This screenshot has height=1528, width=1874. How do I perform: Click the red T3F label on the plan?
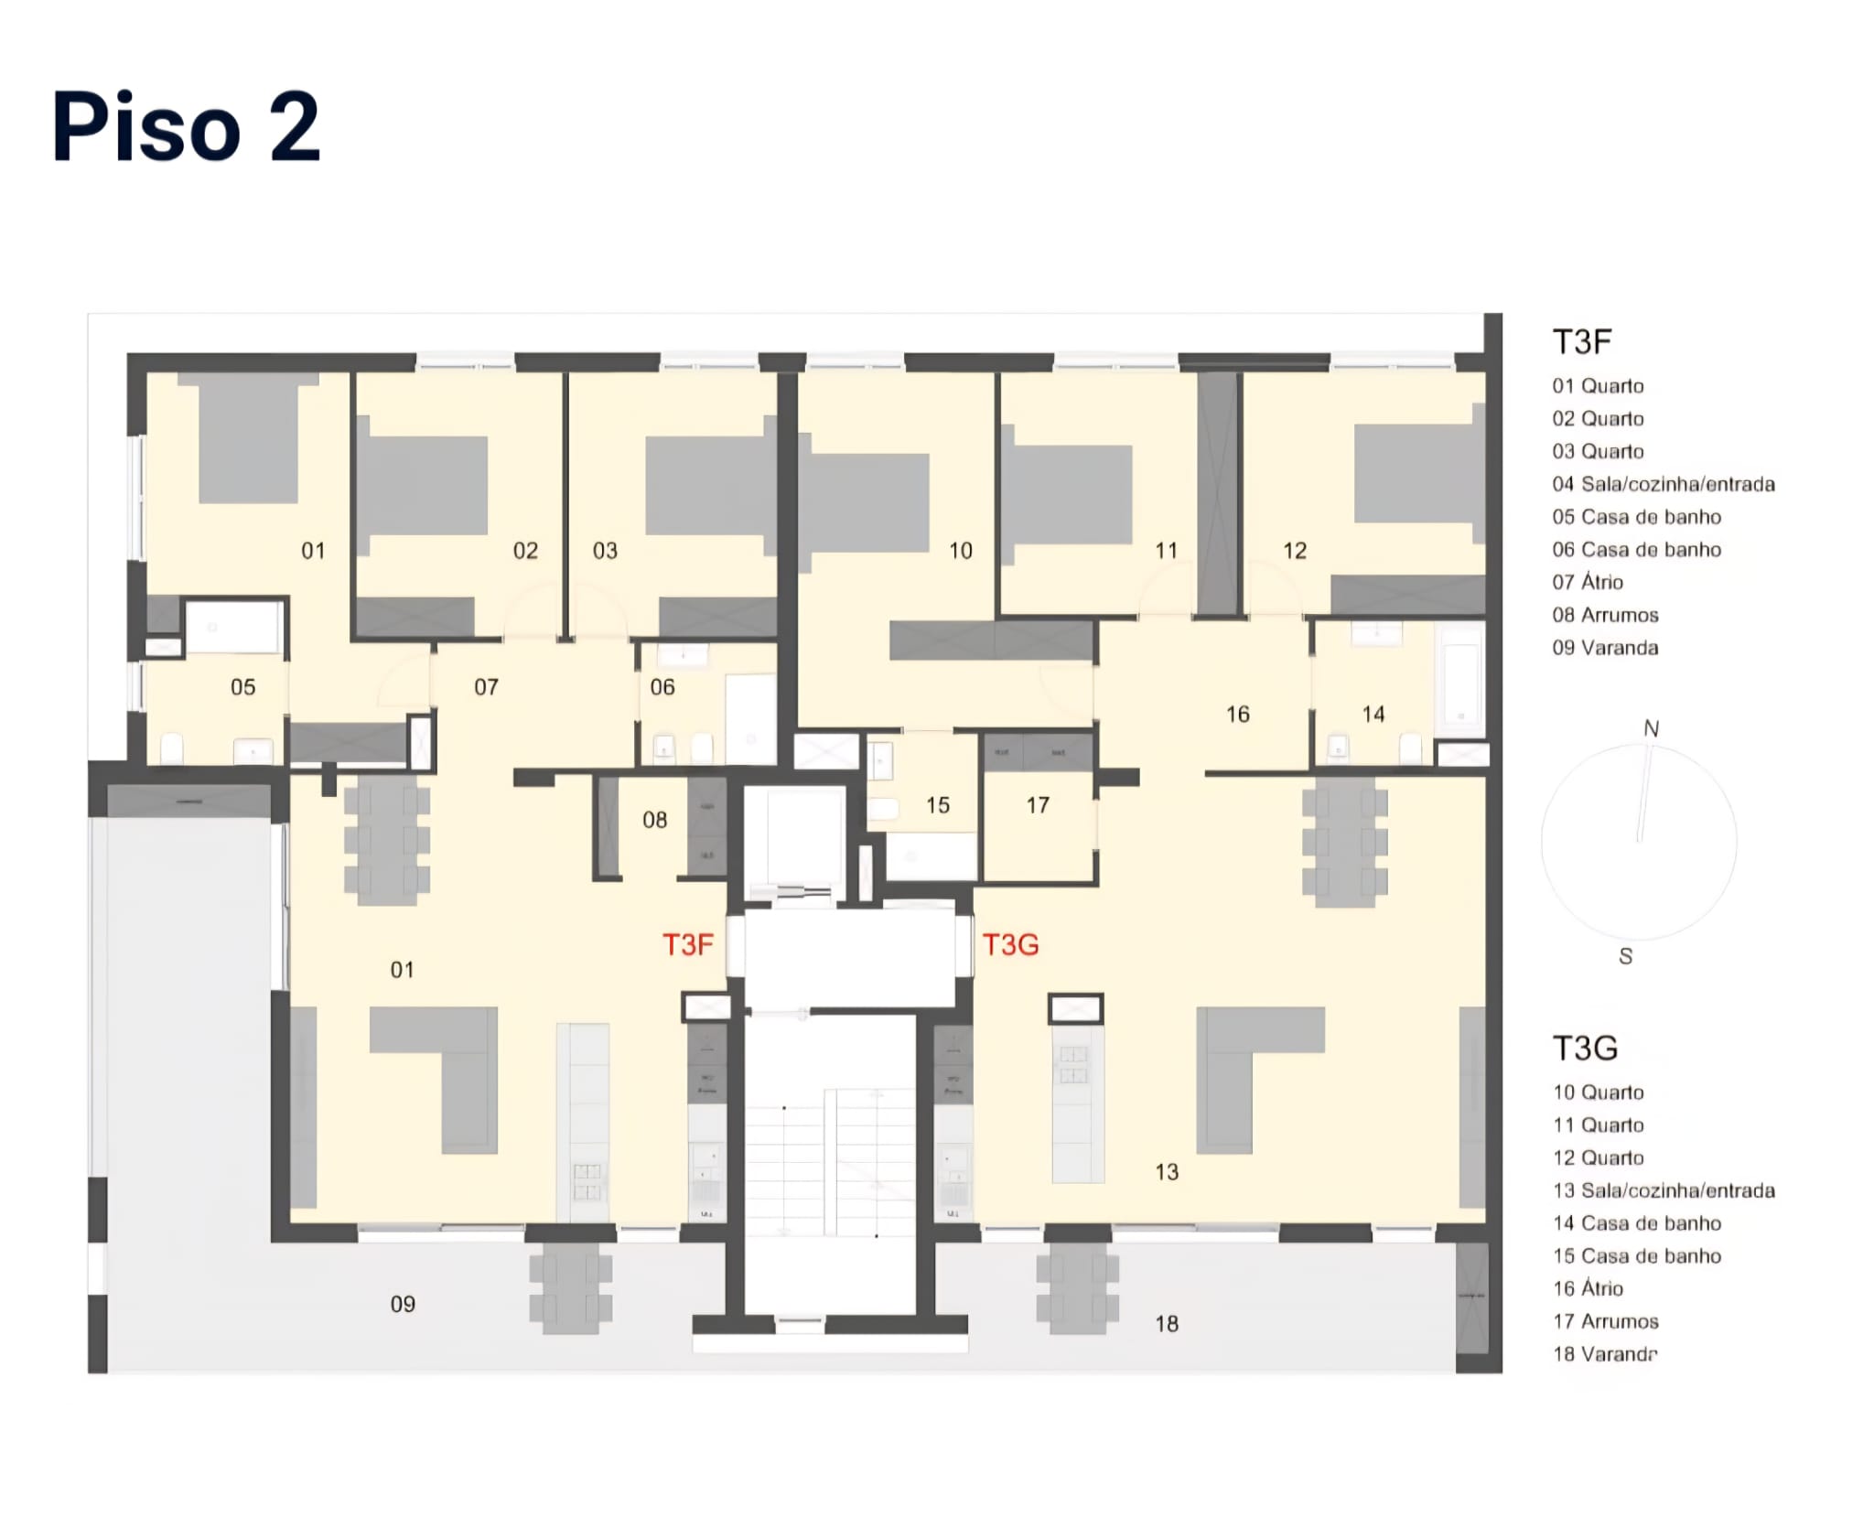click(687, 944)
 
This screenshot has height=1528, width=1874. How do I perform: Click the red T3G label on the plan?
click(1010, 944)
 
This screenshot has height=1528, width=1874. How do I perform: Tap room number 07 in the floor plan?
click(486, 687)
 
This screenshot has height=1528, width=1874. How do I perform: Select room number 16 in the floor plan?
click(1237, 715)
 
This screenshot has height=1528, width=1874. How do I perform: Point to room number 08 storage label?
click(654, 820)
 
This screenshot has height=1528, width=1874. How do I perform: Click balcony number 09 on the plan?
click(403, 1304)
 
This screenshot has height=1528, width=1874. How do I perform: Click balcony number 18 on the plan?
click(1166, 1324)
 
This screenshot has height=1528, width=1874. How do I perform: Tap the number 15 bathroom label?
click(937, 805)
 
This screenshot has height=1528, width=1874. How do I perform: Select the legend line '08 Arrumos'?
click(1605, 615)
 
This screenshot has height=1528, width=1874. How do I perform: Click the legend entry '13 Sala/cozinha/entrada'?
click(1664, 1190)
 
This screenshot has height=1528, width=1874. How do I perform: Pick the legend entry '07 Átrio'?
click(1588, 582)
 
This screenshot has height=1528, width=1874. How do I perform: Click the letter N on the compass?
click(1651, 728)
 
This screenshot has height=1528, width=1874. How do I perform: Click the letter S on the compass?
click(1625, 956)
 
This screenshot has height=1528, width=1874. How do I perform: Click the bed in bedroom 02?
click(423, 485)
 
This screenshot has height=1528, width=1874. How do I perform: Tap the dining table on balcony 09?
click(570, 1293)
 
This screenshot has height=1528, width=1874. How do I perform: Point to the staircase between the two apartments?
click(829, 1162)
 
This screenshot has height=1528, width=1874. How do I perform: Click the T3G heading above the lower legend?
click(1585, 1048)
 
